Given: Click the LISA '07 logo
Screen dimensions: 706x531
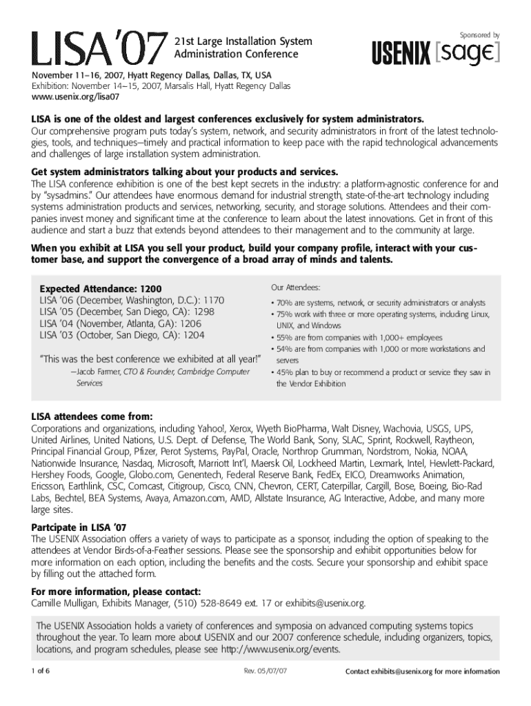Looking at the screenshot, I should coord(97,47).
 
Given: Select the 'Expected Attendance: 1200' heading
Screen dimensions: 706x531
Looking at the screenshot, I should coord(101,288).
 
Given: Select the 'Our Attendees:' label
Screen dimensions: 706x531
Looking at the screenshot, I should coord(295,287).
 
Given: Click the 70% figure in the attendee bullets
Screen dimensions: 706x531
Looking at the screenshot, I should coord(285,303).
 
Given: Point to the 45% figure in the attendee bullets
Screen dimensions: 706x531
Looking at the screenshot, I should coord(285,372).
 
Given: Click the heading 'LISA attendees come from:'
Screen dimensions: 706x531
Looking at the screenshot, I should coord(92,416).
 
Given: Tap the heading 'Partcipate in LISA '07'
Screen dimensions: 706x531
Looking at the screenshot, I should coord(81,527).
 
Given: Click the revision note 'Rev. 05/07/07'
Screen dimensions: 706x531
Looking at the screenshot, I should coord(265,672).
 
